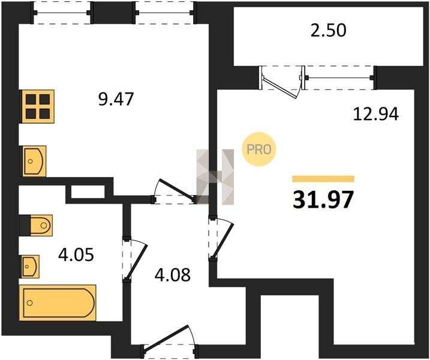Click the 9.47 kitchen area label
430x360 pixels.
[116, 99]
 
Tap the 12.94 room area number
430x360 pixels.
[375, 114]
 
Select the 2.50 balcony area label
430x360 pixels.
[329, 30]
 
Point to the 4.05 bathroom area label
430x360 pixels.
[76, 254]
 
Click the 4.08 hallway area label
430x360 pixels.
[173, 275]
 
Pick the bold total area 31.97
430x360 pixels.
[323, 200]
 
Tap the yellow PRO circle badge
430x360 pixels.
[258, 149]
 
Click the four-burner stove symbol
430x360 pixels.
[38, 106]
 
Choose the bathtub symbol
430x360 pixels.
[58, 302]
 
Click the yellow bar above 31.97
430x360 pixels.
[323, 179]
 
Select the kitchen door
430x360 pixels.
[175, 191]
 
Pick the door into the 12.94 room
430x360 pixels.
[221, 238]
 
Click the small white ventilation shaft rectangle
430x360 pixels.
[88, 192]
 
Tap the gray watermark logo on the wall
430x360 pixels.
[215, 177]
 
